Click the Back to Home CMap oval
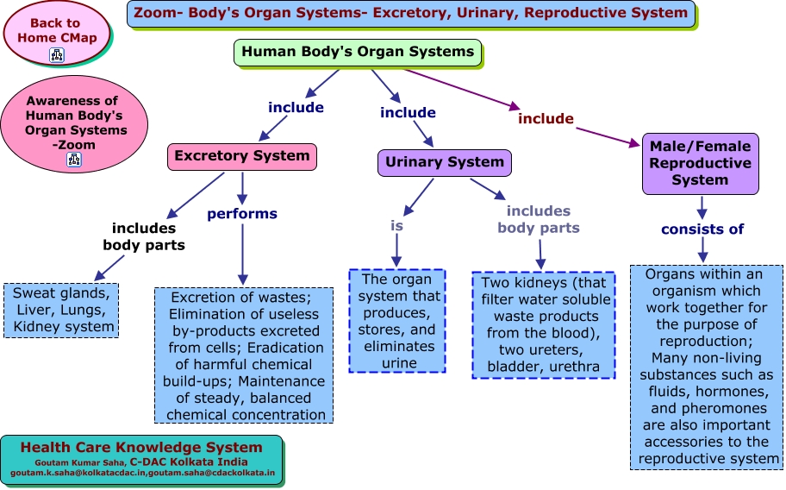click(56, 33)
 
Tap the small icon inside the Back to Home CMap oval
click(57, 54)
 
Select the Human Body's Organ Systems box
click(358, 52)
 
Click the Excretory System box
click(242, 156)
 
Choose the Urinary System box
click(445, 162)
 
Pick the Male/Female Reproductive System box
click(701, 164)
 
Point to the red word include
click(546, 119)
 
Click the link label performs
click(242, 214)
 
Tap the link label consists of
click(702, 229)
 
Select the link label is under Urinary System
click(396, 226)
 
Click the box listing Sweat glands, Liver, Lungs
click(61, 311)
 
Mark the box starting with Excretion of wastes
click(244, 355)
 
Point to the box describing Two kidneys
click(543, 325)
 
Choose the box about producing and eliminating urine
click(397, 321)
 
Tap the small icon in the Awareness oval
click(74, 160)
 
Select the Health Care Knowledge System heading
click(141, 448)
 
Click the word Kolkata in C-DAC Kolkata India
click(189, 462)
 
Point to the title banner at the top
click(411, 14)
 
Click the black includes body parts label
click(144, 236)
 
